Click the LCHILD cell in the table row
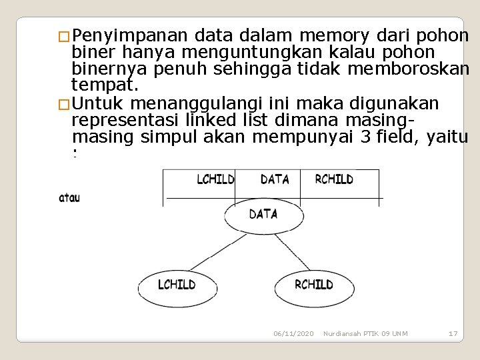tap(215, 179)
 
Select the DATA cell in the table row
tap(275, 179)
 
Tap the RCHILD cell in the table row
tap(333, 179)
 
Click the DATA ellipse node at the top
tap(263, 215)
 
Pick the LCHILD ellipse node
tap(177, 285)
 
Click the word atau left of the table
tap(69, 197)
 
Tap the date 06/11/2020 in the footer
tap(293, 333)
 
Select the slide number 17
tap(453, 333)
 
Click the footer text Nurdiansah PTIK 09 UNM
tap(365, 333)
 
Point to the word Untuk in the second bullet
tap(100, 103)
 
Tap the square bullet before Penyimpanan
tap(63, 37)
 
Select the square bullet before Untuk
tap(63, 104)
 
